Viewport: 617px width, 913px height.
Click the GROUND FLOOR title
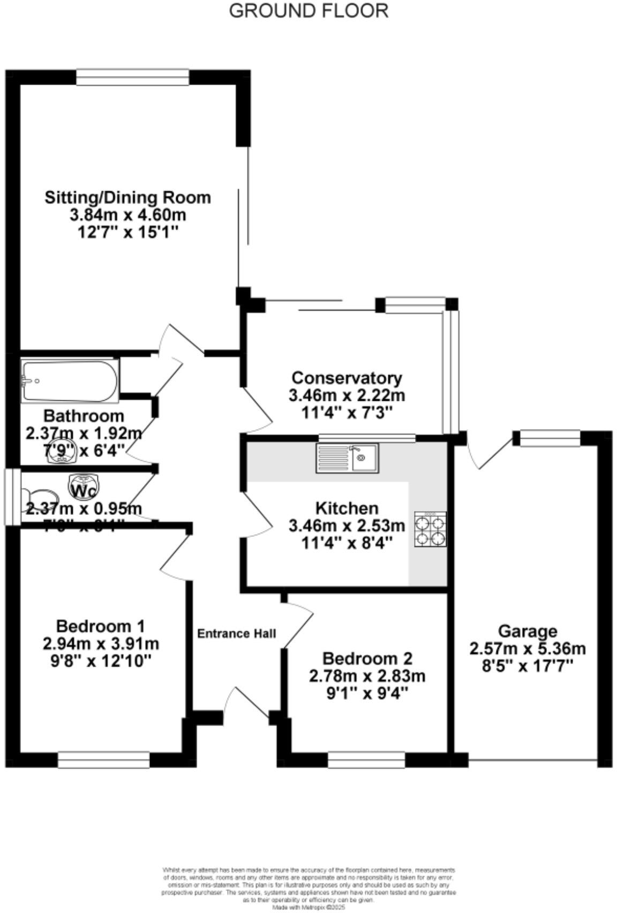point(308,10)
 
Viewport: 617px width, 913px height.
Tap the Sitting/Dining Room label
point(127,197)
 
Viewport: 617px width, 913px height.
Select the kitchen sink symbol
point(348,458)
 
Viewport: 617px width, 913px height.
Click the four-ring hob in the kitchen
point(430,530)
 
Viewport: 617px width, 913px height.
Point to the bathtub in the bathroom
point(70,380)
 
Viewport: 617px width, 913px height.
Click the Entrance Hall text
point(237,633)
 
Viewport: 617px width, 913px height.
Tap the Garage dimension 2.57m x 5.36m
point(527,649)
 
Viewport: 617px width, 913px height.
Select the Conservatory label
point(347,378)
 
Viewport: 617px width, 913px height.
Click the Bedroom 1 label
point(101,626)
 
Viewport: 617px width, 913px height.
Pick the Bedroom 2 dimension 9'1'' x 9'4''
point(367,693)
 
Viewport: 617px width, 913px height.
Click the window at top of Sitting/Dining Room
point(132,77)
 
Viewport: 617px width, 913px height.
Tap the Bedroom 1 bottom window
point(103,760)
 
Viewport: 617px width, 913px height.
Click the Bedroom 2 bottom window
point(366,760)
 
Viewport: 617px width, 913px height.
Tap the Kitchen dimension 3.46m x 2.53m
point(347,525)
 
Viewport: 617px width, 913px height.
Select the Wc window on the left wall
point(11,497)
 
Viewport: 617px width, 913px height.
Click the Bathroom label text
point(84,416)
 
